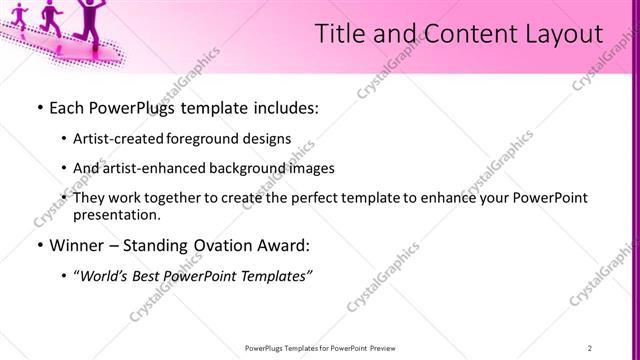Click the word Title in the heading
340,34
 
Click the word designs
268,139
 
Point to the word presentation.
116,215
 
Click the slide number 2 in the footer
590,348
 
